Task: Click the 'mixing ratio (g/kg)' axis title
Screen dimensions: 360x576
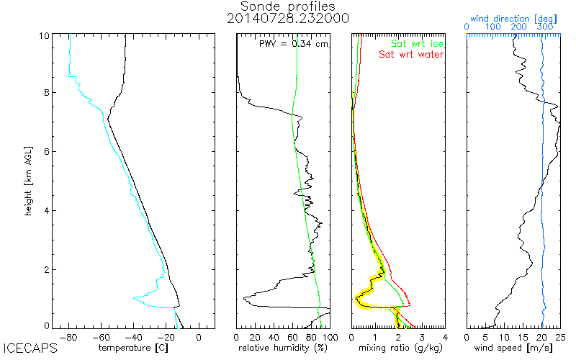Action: click(x=398, y=348)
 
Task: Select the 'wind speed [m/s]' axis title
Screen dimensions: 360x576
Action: click(x=513, y=348)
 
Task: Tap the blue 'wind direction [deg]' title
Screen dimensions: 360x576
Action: click(x=512, y=17)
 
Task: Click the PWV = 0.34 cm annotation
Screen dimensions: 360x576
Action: click(x=294, y=44)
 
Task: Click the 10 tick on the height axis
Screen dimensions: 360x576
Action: click(x=44, y=35)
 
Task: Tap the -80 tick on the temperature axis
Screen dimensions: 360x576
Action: click(x=70, y=336)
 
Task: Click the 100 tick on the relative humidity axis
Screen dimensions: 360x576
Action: click(x=329, y=336)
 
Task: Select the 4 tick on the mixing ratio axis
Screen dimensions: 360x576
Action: click(x=445, y=336)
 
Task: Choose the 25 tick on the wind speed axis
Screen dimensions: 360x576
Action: click(x=559, y=336)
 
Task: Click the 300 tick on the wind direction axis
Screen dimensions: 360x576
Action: click(x=545, y=27)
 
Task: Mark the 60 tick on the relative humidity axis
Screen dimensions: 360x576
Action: click(x=293, y=336)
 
